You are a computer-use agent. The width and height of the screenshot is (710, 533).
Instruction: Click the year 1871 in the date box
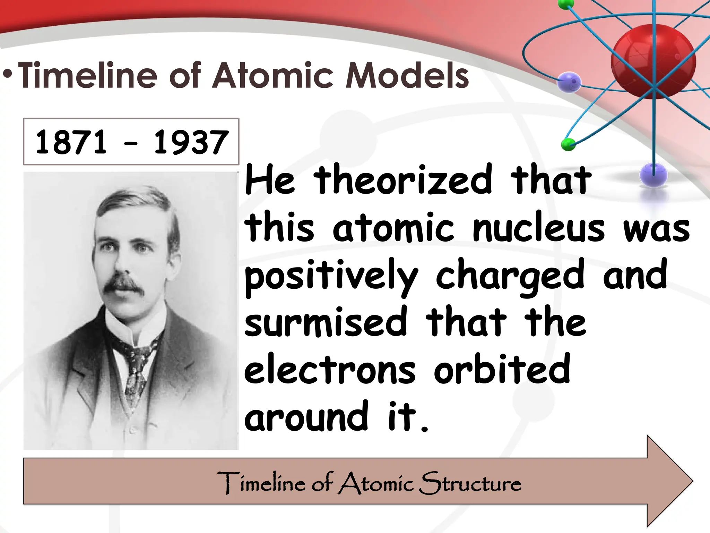tap(71, 142)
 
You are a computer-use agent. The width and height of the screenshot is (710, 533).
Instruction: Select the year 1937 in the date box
tap(191, 142)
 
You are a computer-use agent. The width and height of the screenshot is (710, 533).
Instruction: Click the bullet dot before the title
tap(8, 75)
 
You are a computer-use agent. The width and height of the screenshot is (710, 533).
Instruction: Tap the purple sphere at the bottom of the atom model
tap(653, 175)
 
